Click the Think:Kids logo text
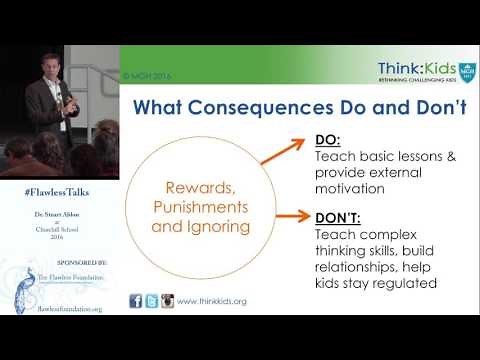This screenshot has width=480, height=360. (414, 68)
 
